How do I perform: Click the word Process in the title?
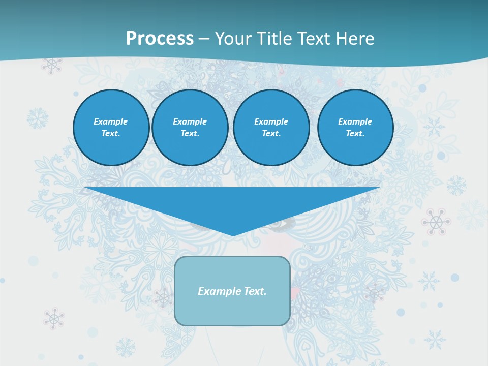click(x=160, y=39)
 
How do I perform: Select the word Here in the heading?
click(x=355, y=39)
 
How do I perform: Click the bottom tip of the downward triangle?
click(x=233, y=234)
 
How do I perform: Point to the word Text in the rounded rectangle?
click(x=255, y=291)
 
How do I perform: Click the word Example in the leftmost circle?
click(x=111, y=121)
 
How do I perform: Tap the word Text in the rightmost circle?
click(x=355, y=133)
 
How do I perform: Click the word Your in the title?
click(x=233, y=39)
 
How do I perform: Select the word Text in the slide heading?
click(x=315, y=39)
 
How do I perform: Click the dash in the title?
click(x=204, y=39)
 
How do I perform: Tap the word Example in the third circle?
click(x=271, y=121)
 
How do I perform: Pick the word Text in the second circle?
click(x=190, y=133)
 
